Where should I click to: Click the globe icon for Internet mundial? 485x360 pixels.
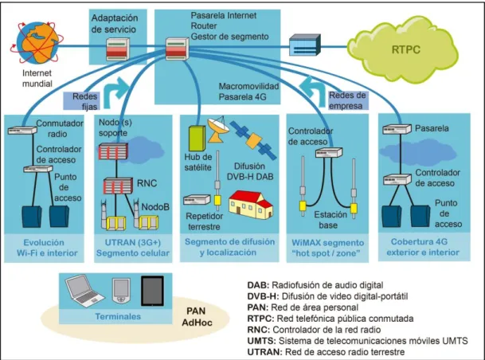pyautogui.click(x=37, y=42)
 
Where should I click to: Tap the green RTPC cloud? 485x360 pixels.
pyautogui.click(x=403, y=49)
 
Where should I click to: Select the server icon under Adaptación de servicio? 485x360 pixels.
pyautogui.click(x=118, y=49)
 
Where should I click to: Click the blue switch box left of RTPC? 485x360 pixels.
pyautogui.click(x=305, y=45)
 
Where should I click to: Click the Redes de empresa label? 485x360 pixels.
pyautogui.click(x=347, y=100)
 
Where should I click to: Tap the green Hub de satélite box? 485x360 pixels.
pyautogui.click(x=197, y=138)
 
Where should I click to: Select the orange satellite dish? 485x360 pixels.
pyautogui.click(x=217, y=129)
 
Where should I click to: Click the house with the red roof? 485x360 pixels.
pyautogui.click(x=251, y=205)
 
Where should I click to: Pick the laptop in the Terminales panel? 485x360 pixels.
pyautogui.click(x=84, y=291)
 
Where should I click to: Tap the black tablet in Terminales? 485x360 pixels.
pyautogui.click(x=152, y=291)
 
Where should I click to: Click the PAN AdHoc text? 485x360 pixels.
pyautogui.click(x=197, y=317)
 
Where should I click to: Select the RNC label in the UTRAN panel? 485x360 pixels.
pyautogui.click(x=147, y=183)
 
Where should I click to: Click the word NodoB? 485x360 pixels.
pyautogui.click(x=155, y=206)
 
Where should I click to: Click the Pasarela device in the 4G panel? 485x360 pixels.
pyautogui.click(x=397, y=129)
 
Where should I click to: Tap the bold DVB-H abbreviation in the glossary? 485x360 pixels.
pyautogui.click(x=263, y=296)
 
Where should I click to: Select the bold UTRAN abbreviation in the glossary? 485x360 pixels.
pyautogui.click(x=264, y=352)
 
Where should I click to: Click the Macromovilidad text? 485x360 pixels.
pyautogui.click(x=248, y=86)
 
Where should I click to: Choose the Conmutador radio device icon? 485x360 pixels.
pyautogui.click(x=22, y=130)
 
